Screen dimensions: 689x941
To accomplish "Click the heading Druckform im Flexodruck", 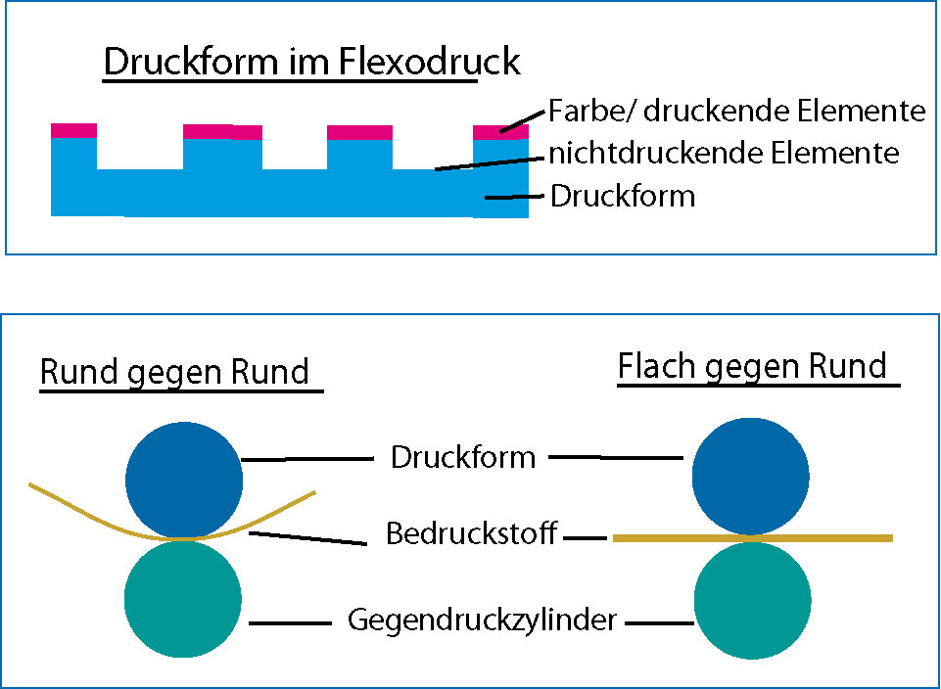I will pos(311,63).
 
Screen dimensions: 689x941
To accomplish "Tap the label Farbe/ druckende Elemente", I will pos(736,111).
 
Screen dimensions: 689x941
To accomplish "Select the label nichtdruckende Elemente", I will pos(723,153).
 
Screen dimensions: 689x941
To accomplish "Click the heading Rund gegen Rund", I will pos(174,372).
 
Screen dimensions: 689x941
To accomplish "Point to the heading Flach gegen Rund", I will pos(752,367).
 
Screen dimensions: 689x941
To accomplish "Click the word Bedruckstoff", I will pos(472,534).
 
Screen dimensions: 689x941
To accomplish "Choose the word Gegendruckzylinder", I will pos(482,620).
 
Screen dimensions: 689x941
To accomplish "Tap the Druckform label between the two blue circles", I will pos(462,457).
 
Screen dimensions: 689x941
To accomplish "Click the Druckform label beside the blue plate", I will pos(623,196).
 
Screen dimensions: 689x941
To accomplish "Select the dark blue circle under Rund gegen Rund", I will pos(184,480).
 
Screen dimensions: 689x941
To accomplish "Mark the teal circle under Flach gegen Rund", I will pos(752,599).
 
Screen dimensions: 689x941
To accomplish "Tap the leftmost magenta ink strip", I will pos(73,130).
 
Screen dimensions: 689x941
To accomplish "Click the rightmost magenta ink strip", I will pos(494,132).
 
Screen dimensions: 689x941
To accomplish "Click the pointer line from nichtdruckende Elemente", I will pos(490,161).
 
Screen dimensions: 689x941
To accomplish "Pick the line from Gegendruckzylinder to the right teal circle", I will pos(660,621).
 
